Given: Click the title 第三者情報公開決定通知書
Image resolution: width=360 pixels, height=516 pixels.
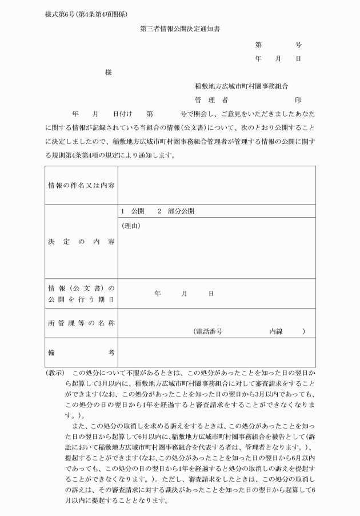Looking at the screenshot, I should coord(180,28).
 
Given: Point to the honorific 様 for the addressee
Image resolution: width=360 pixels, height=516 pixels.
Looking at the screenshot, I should coord(108,73).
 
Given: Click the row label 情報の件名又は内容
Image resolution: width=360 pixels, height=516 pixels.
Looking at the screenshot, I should coord(81,185).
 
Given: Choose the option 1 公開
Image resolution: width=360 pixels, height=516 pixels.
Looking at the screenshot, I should coord(133,211).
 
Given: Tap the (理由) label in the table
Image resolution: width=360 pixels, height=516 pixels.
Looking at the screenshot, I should coord(131,226).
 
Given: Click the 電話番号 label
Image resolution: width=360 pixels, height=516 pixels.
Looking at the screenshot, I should coord(208,331).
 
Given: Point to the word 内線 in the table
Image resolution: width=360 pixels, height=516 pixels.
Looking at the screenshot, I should coord(277,331).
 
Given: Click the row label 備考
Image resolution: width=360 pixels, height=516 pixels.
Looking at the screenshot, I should coord(81,353).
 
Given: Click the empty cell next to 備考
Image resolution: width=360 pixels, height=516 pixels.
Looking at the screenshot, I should coord(217,353).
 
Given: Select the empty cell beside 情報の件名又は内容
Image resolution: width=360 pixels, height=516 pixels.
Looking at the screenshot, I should coord(217,185).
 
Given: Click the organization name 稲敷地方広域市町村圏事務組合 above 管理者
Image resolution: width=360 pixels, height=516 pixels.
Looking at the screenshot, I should coord(241,86).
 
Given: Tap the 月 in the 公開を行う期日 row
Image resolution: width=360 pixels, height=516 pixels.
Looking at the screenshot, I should coord(184,294).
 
